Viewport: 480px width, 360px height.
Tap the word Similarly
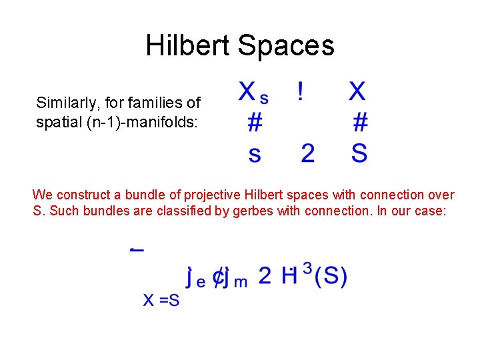(x=61, y=103)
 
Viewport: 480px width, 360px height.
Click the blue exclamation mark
(x=301, y=91)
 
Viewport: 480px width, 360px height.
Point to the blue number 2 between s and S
(x=307, y=153)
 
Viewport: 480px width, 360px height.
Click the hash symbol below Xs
(x=254, y=122)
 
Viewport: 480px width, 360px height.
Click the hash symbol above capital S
(x=360, y=122)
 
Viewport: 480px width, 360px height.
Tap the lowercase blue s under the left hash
(x=254, y=155)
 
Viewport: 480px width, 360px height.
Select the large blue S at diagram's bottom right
(x=359, y=153)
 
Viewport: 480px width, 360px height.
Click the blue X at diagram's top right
(x=357, y=91)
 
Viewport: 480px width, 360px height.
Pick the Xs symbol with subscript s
(x=253, y=93)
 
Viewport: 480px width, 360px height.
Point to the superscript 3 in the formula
(x=307, y=268)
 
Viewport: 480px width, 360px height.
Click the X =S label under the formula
(x=161, y=301)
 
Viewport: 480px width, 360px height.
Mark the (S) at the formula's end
(x=331, y=276)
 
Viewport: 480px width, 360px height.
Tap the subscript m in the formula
(x=240, y=281)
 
